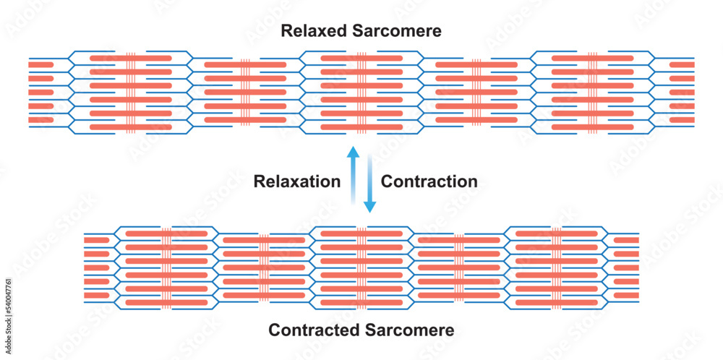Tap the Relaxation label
[x=296, y=181]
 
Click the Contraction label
[x=429, y=181]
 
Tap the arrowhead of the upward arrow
[x=353, y=152]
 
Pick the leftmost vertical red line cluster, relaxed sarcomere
[x=131, y=93]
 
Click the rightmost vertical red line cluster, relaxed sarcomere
[x=593, y=93]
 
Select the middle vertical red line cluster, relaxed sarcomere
[x=361, y=93]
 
